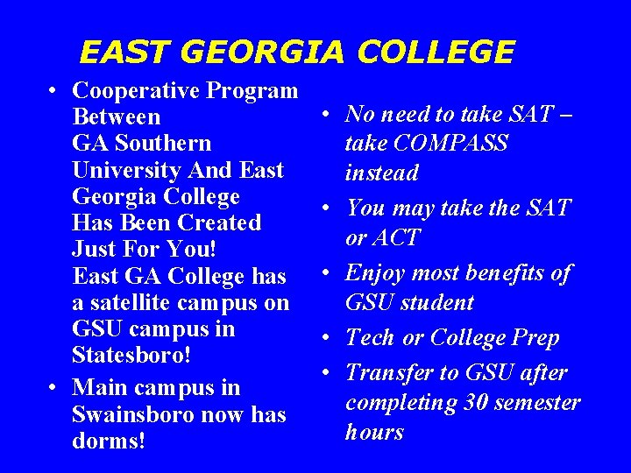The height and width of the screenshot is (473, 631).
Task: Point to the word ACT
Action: (395, 237)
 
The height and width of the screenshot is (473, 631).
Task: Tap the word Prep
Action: (535, 337)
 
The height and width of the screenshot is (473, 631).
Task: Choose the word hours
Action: (374, 432)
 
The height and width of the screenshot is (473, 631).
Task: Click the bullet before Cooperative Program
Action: (54, 91)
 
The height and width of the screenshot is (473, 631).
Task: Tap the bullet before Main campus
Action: (54, 387)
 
